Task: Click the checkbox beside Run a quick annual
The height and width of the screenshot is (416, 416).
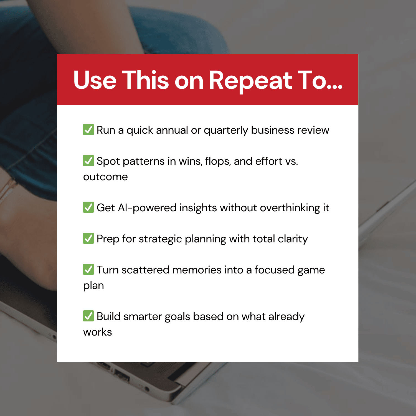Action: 88,130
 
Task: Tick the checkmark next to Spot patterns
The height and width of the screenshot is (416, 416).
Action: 88,161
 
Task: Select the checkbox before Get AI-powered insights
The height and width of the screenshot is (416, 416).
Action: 88,207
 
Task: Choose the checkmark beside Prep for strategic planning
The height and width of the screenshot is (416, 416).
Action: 88,238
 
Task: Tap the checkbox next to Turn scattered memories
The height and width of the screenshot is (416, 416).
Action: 88,269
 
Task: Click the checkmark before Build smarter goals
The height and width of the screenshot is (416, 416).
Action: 88,316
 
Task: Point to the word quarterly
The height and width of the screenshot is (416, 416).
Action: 226,130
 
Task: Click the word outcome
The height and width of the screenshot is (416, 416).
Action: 105,177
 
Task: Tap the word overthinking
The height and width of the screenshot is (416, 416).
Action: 290,208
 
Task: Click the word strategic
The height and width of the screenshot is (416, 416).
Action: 160,239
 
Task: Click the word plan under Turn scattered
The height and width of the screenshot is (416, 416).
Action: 93,286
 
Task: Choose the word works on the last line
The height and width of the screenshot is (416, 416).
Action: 97,332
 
